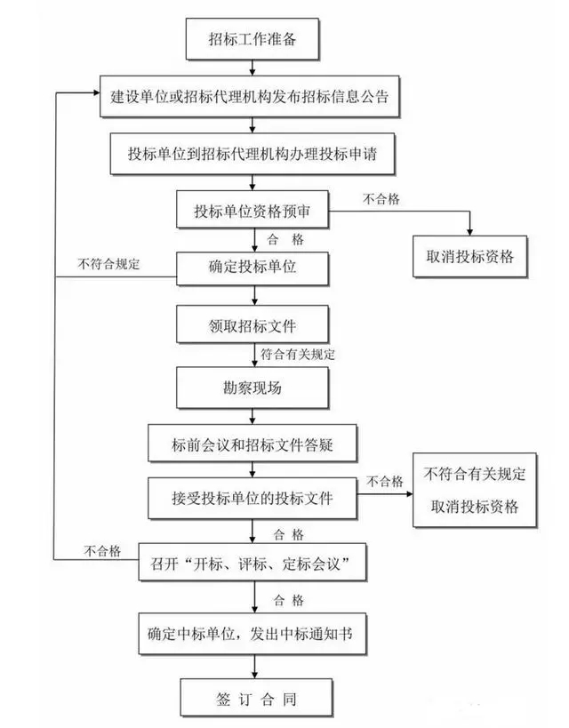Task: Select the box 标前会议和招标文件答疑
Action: [252, 444]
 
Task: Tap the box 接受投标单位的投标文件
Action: [252, 499]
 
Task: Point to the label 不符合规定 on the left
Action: [108, 264]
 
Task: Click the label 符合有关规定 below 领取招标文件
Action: [298, 355]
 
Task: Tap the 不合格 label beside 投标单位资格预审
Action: [381, 199]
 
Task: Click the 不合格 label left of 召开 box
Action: [102, 550]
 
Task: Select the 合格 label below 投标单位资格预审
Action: [284, 239]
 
